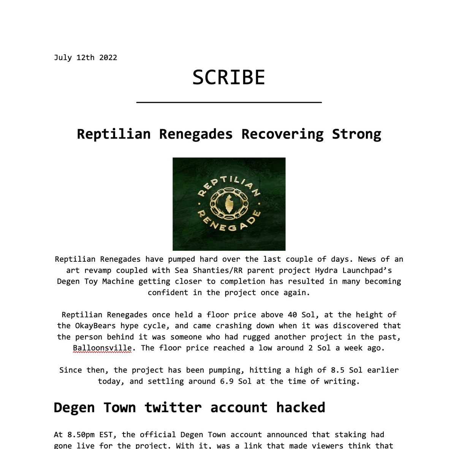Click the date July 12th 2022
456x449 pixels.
[x=85, y=58]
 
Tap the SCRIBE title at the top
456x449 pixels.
[x=228, y=78]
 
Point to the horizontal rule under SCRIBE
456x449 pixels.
[x=229, y=102]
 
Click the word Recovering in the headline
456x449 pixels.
[x=282, y=134]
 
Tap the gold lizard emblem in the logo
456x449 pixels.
[x=229, y=204]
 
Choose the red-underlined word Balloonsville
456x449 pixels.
[x=102, y=348]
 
